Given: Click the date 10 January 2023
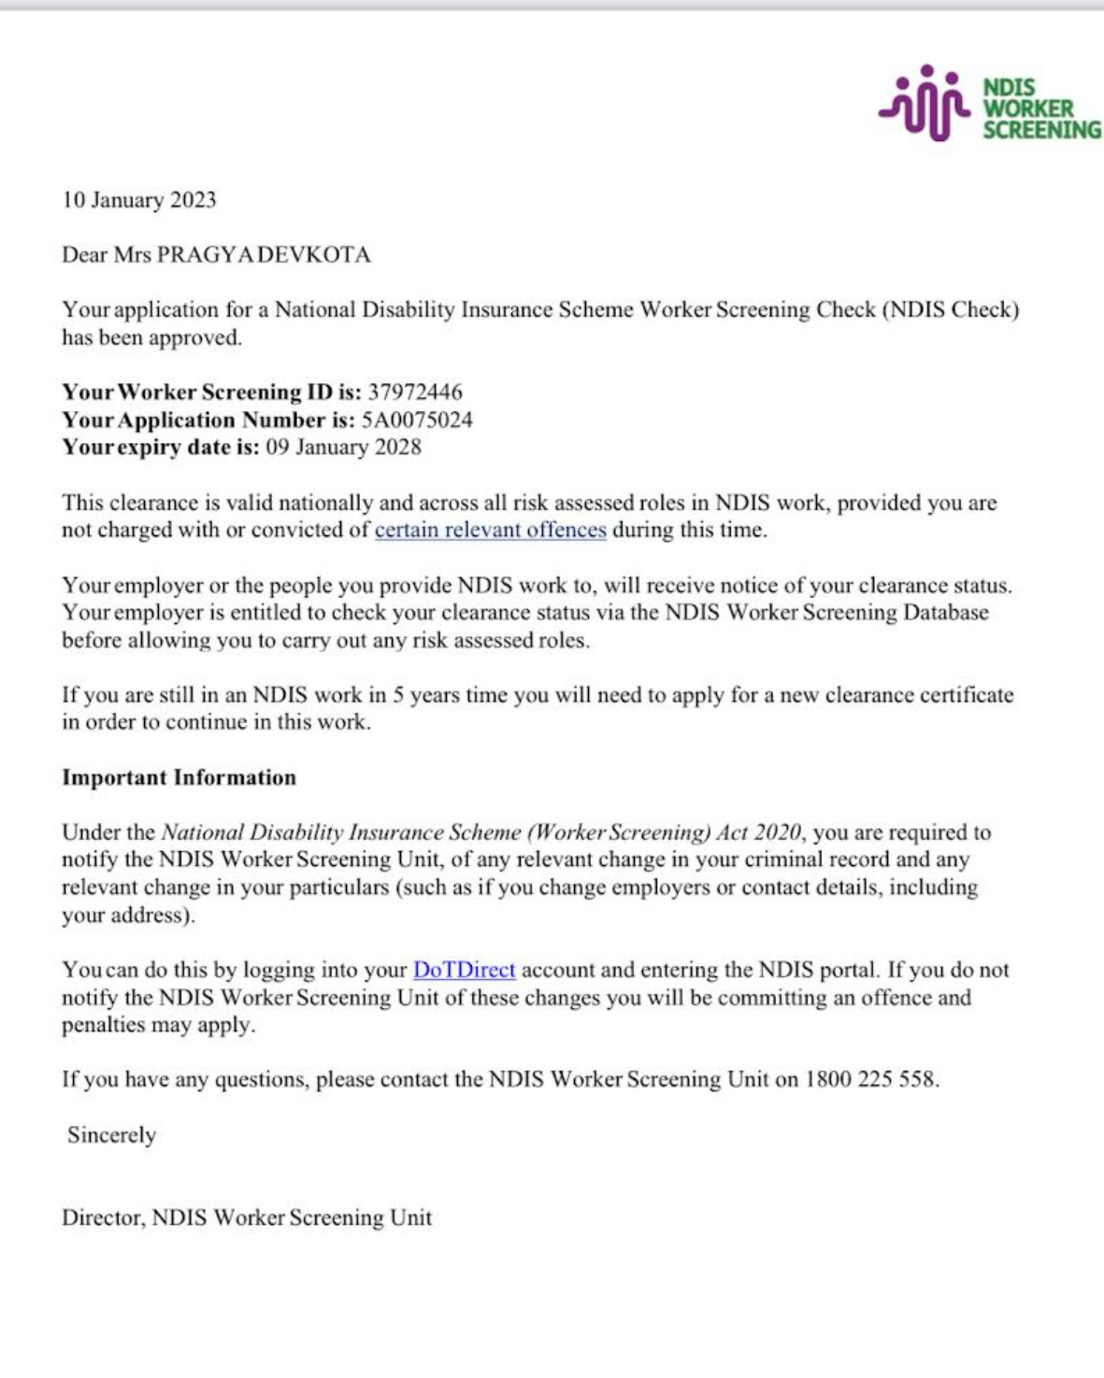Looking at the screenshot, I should click(139, 200).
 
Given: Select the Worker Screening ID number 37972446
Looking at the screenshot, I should click(414, 392).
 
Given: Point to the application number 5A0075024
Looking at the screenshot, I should click(417, 419).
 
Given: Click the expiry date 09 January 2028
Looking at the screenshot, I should click(343, 447).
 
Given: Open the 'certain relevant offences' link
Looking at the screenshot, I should click(490, 530).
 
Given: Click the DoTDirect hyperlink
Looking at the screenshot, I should click(464, 970).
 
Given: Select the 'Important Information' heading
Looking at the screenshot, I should click(179, 777).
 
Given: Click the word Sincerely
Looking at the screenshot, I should click(111, 1135).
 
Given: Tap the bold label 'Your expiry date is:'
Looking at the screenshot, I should click(161, 447).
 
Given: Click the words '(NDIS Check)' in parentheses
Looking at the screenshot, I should click(950, 309).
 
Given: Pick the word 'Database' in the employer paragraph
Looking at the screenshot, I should click(945, 613).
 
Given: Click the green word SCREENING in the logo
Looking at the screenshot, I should click(1041, 130).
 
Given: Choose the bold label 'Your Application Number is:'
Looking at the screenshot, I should click(208, 419).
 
